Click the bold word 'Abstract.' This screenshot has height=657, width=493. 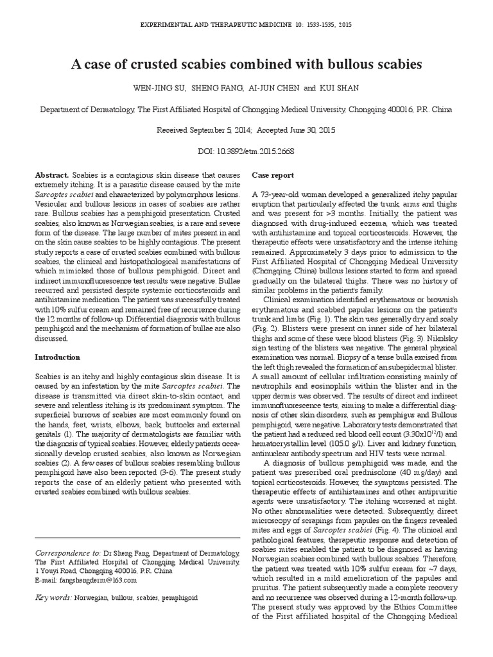[53, 175]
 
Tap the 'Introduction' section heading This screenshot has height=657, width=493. [57, 357]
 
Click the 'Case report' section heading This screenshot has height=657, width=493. [273, 175]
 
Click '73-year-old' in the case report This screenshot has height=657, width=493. [284, 194]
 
